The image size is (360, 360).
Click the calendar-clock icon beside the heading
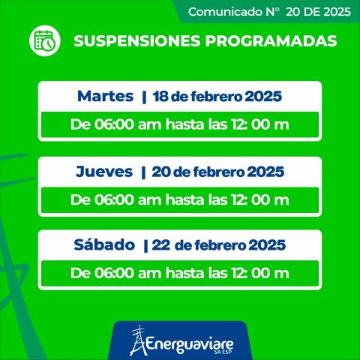click(x=44, y=41)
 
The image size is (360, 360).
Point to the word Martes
click(x=105, y=97)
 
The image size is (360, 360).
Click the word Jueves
click(x=104, y=172)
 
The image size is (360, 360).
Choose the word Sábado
click(x=103, y=245)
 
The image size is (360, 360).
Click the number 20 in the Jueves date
click(x=160, y=172)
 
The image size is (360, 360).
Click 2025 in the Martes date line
click(x=266, y=97)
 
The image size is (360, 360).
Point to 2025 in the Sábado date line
click(x=266, y=245)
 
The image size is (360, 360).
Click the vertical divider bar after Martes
click(x=143, y=97)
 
